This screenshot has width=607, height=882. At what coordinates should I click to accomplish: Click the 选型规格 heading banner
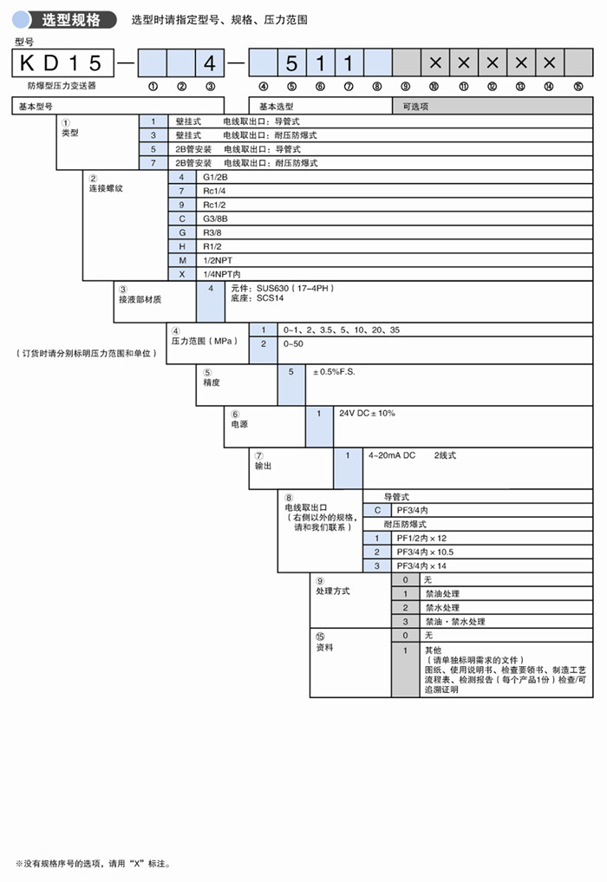pos(71,19)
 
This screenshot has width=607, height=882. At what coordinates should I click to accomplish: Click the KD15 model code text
pos(62,63)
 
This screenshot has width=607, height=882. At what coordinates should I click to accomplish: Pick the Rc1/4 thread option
pos(213,191)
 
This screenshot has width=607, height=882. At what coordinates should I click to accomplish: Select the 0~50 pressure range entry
pos(293,344)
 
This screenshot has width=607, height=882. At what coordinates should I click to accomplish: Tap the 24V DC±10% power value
pos(367,414)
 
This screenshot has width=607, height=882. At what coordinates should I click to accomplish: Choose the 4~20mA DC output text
pos(392,455)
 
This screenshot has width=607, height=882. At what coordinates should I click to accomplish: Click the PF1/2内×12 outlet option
pos(421,539)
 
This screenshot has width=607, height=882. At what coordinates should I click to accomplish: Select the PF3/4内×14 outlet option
pos(425,566)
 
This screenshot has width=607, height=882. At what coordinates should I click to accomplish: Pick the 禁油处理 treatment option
pos(441,594)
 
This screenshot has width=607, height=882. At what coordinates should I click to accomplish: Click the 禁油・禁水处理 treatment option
pos(454,622)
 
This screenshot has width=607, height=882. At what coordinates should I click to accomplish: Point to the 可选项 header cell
pos(416,107)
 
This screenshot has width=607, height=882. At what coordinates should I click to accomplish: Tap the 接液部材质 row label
pos(140,300)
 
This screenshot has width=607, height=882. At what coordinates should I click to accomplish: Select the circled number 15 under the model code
pos(578,87)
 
